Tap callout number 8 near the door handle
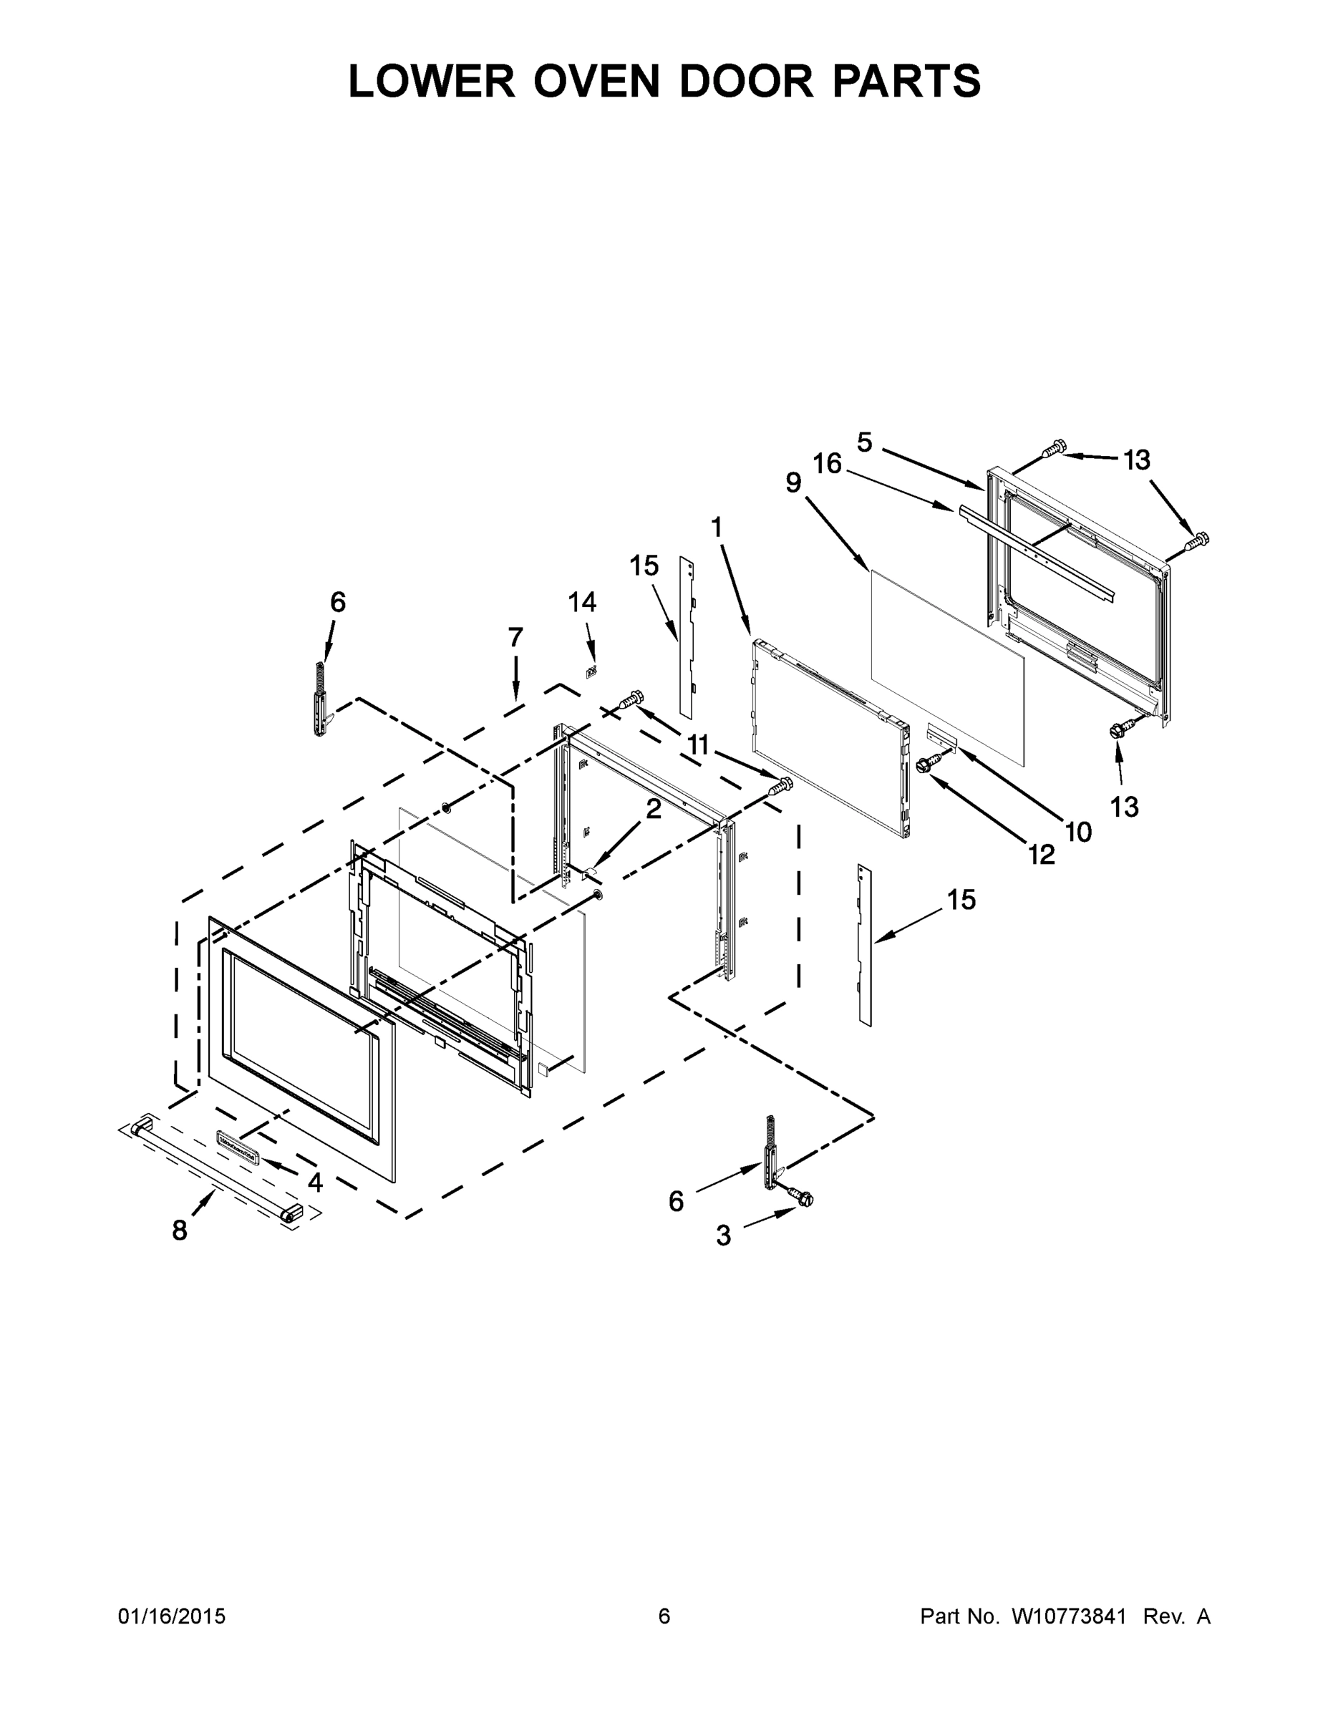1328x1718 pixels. pos(180,1231)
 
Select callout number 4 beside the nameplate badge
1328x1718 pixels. pos(315,1183)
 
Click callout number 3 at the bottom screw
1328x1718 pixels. pos(723,1236)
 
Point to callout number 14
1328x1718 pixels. pos(582,603)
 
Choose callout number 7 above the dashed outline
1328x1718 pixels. pos(515,637)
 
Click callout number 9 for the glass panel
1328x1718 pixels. pos(793,482)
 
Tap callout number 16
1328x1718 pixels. pos(828,463)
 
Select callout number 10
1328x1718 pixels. pos(1078,832)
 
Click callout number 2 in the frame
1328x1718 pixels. pos(654,809)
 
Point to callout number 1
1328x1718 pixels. pos(716,527)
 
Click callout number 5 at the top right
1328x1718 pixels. pos(865,442)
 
